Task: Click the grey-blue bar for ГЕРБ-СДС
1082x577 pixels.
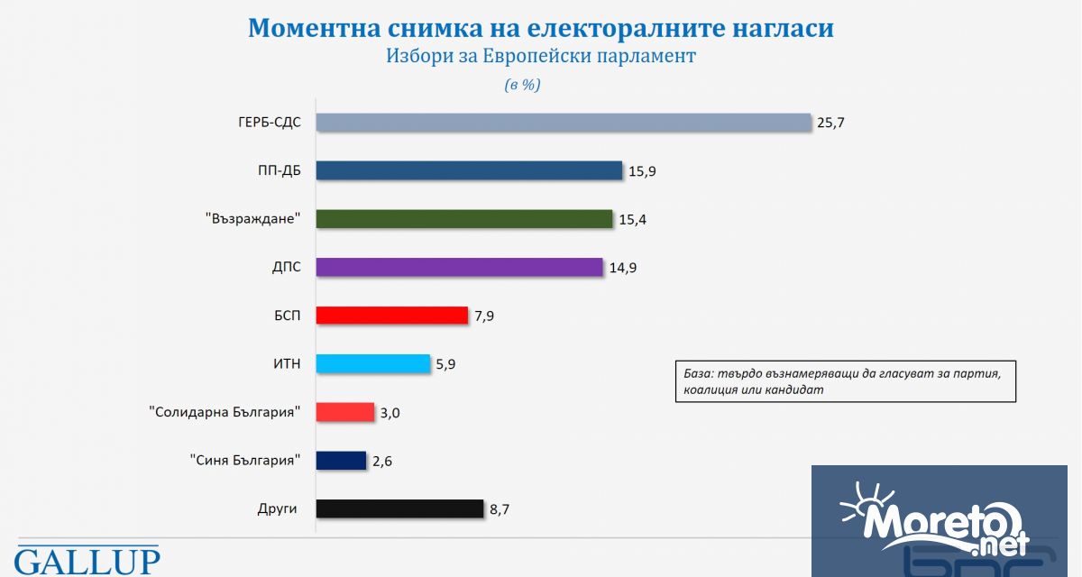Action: click(x=564, y=123)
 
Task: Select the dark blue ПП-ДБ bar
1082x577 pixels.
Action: click(x=470, y=170)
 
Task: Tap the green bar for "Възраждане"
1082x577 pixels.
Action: click(x=464, y=219)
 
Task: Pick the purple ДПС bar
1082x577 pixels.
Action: click(x=460, y=267)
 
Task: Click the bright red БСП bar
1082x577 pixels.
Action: click(x=393, y=316)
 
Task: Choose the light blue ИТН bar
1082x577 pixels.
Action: click(x=374, y=364)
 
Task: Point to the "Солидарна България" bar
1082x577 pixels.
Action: click(x=345, y=412)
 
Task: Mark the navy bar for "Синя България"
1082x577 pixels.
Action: click(x=342, y=461)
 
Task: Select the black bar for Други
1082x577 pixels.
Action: click(x=400, y=508)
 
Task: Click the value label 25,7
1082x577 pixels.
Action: click(x=830, y=123)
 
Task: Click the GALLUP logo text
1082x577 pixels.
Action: click(x=87, y=561)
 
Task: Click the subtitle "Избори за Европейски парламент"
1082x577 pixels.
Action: click(x=541, y=56)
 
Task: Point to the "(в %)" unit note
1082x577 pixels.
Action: click(x=522, y=85)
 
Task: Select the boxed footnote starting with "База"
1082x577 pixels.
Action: click(x=846, y=381)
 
